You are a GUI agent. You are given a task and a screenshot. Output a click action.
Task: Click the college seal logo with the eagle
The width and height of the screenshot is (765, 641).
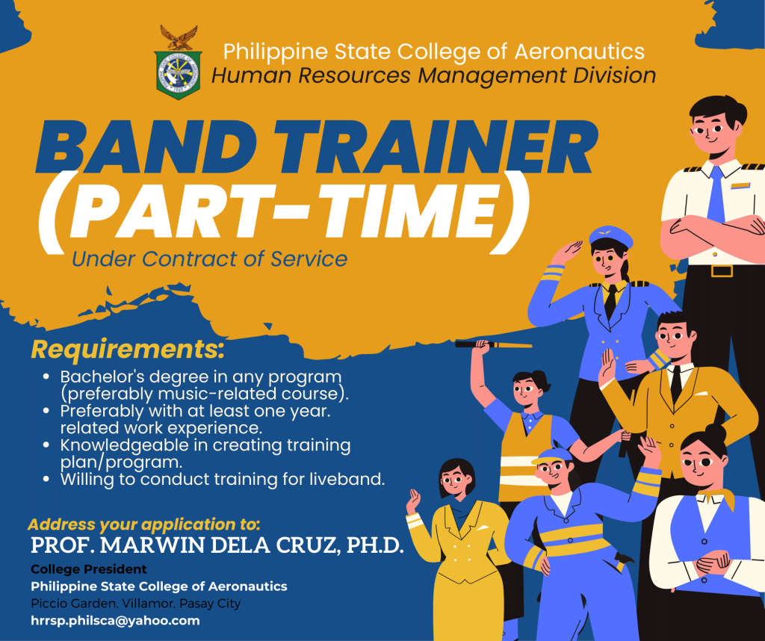point(178,63)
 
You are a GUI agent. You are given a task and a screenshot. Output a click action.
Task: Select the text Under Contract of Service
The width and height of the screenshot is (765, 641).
point(209,259)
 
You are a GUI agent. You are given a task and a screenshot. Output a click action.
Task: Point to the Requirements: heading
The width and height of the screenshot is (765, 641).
point(128,350)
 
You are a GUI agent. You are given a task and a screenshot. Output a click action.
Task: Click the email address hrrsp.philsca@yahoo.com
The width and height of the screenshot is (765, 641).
point(115,621)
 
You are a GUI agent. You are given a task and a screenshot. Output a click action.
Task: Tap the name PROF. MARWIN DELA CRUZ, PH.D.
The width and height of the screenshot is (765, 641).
point(217,545)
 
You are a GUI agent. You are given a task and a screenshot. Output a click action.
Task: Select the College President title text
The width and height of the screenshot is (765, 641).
point(89,569)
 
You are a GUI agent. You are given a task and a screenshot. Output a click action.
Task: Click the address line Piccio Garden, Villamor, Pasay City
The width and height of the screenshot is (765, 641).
point(136,604)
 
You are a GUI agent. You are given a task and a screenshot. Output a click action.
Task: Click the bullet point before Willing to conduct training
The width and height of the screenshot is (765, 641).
point(46,479)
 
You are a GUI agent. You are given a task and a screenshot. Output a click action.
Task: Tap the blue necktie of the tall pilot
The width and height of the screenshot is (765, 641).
point(716,194)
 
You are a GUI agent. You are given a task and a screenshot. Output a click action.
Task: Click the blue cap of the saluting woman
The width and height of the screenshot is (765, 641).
point(610,236)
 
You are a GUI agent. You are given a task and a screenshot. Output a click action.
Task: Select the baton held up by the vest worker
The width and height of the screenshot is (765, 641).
point(493,344)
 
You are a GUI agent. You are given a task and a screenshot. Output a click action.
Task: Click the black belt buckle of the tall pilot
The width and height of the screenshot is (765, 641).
point(722,270)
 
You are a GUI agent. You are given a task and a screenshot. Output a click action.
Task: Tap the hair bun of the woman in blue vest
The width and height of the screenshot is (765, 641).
point(716,431)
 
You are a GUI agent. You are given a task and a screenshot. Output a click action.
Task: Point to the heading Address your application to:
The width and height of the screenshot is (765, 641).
point(144,524)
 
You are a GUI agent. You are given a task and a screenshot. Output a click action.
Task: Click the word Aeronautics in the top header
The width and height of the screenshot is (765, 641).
point(580,52)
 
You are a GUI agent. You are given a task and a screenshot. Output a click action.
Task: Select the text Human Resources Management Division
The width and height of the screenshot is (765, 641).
point(434,75)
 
